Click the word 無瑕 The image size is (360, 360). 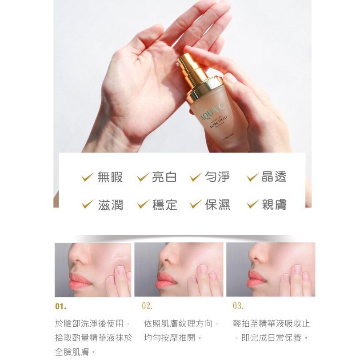(110, 177)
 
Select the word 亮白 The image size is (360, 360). (164, 177)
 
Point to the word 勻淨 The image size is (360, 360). (217, 177)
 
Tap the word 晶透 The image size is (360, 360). (274, 177)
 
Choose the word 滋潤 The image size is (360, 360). (110, 204)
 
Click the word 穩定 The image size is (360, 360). (164, 204)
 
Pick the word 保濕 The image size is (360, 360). (217, 204)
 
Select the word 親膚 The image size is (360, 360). (274, 204)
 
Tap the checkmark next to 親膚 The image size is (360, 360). (252, 205)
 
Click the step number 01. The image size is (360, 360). (60, 307)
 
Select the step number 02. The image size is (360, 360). (148, 306)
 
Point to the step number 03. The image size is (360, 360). (238, 306)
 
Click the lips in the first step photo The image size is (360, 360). (80, 281)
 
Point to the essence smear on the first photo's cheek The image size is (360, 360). (116, 255)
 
